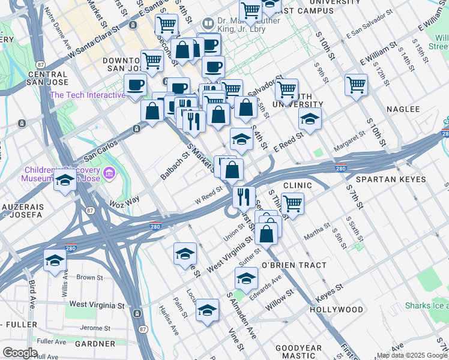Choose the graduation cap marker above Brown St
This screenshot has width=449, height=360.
tap(55, 261)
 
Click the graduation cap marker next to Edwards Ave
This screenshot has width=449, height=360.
tap(246, 278)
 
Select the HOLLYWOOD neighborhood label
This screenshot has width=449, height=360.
tap(336, 310)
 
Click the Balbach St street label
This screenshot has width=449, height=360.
tap(175, 166)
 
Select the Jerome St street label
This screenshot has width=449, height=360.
tap(95, 328)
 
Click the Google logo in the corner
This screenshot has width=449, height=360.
tap(20, 353)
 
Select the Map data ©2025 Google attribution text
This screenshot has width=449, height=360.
tap(412, 355)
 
